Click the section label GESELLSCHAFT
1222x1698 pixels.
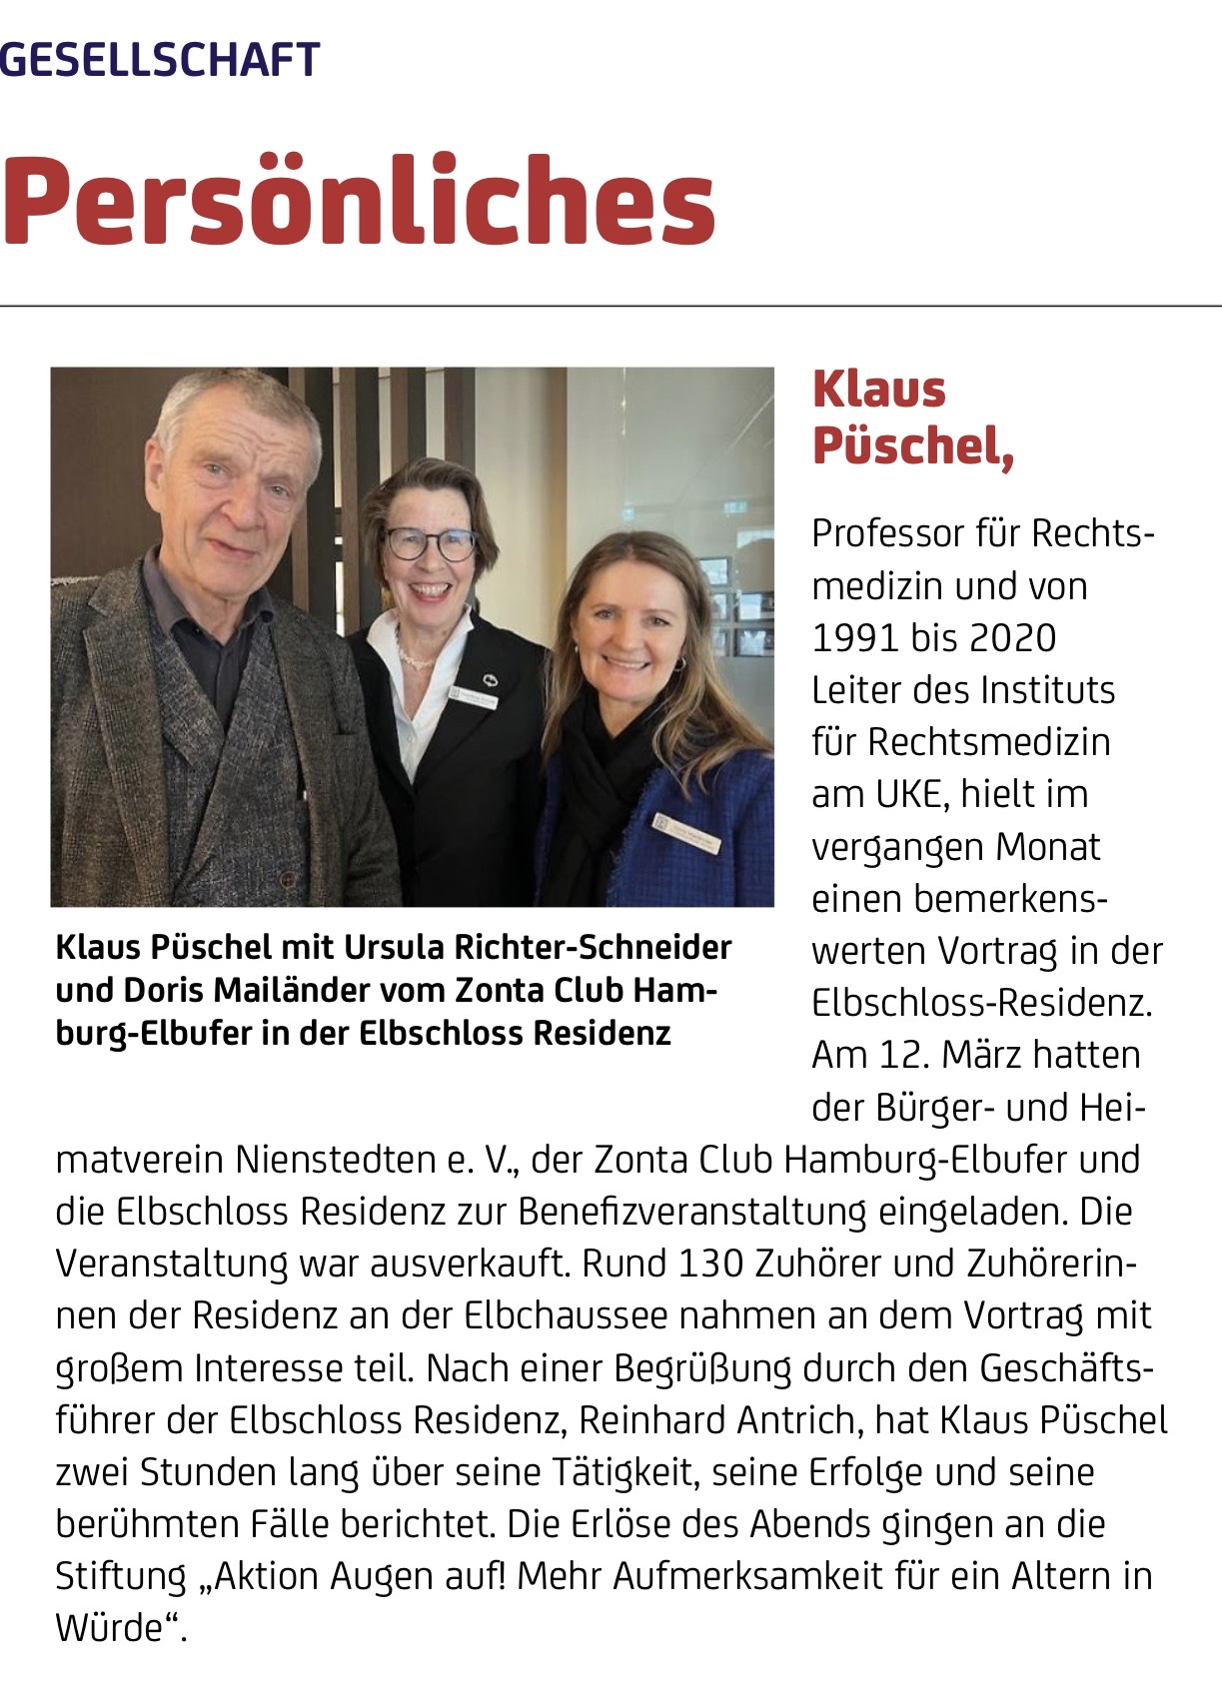click(x=160, y=60)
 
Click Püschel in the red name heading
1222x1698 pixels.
click(x=911, y=445)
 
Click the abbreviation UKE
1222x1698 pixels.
click(x=909, y=794)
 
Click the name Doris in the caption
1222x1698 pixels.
click(x=164, y=990)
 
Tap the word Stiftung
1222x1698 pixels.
click(x=121, y=1576)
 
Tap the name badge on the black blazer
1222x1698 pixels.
click(x=473, y=696)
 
